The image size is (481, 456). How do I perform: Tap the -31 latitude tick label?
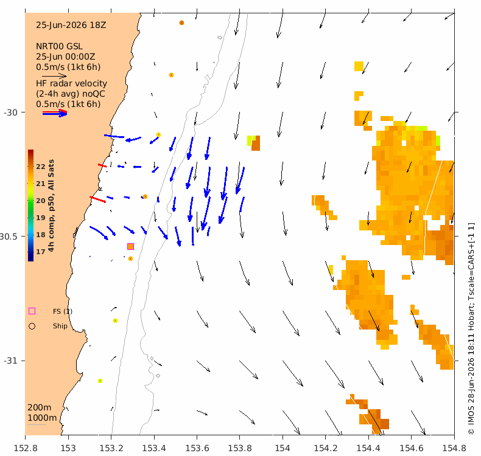(10, 361)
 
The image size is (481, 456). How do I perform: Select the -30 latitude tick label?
(10, 112)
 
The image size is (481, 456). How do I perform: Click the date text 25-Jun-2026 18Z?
(71, 25)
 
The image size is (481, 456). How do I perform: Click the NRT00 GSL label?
(59, 47)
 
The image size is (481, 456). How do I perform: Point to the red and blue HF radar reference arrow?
(55, 113)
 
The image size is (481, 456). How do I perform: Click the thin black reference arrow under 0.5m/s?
(54, 76)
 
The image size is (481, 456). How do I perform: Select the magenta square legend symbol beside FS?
(32, 311)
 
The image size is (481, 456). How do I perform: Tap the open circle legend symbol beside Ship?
(32, 326)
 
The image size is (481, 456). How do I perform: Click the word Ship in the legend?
(60, 326)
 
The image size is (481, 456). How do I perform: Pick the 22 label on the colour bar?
(41, 167)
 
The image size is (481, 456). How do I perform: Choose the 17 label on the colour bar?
(41, 252)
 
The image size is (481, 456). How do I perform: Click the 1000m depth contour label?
(42, 418)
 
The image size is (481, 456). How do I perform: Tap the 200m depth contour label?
(40, 407)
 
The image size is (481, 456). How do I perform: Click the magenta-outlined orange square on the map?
(131, 246)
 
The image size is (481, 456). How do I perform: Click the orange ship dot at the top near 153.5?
(181, 22)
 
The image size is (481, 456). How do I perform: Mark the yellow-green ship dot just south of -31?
(100, 381)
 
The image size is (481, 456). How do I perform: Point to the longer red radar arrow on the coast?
(97, 199)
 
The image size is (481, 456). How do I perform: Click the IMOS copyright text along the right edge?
(471, 328)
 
